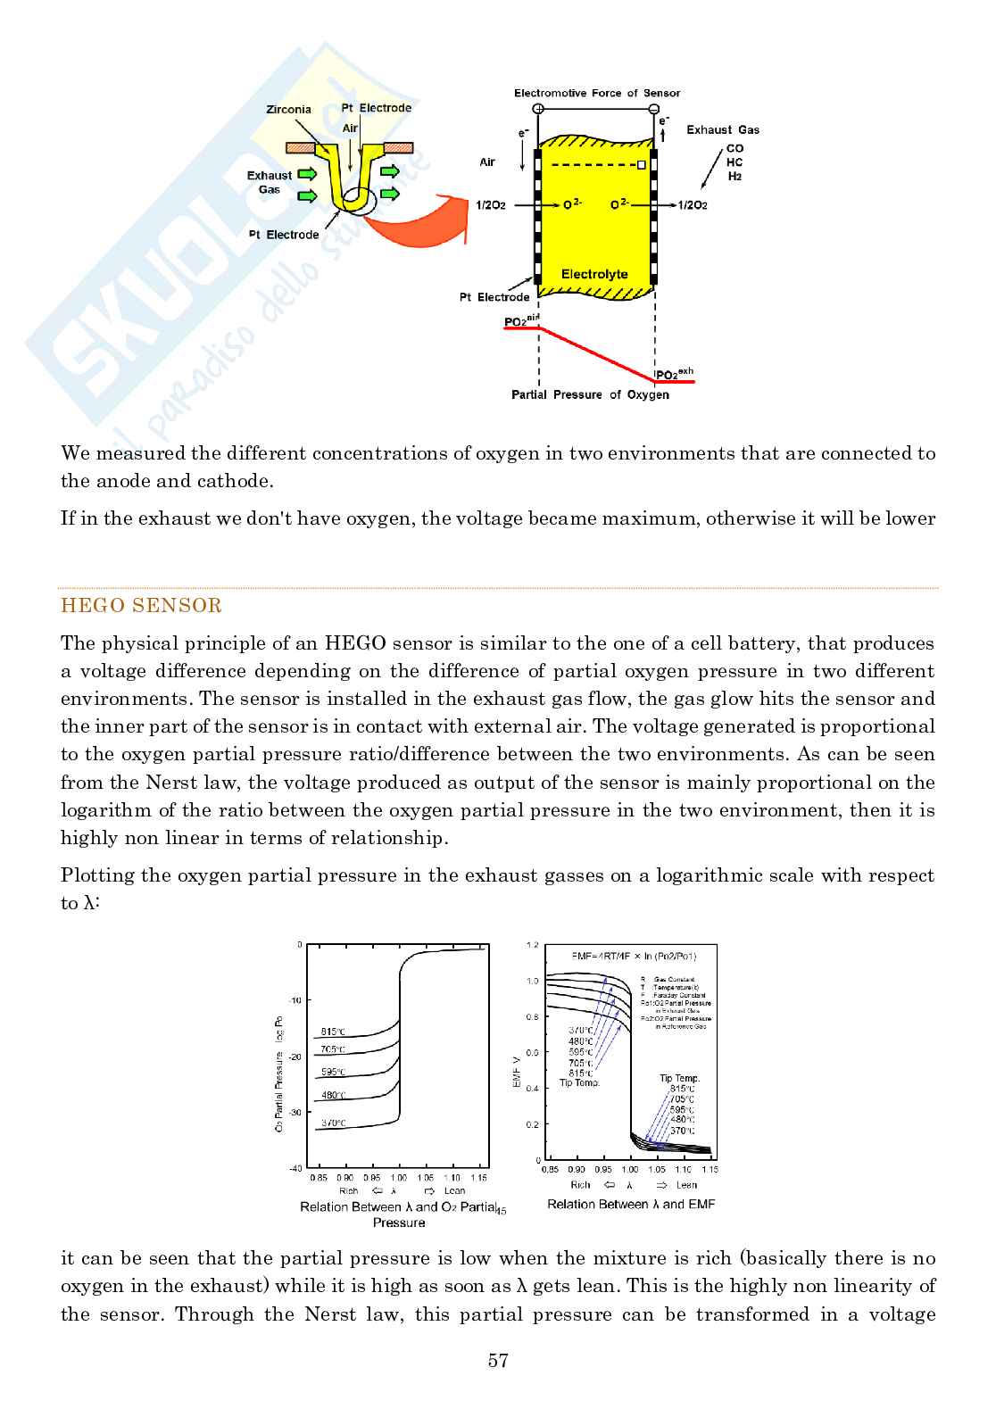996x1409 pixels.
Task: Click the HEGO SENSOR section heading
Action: (141, 606)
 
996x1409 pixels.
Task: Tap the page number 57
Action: (498, 1361)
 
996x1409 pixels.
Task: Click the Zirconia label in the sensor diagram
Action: (288, 110)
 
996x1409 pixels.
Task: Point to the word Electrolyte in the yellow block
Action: (594, 274)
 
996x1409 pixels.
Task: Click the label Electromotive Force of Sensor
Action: (596, 93)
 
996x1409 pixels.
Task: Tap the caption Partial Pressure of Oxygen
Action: (590, 394)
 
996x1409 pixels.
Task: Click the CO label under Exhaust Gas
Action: (735, 148)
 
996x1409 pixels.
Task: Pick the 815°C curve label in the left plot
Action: (332, 1031)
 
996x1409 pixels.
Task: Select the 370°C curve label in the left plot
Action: (332, 1123)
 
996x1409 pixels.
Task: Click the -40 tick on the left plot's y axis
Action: (295, 1167)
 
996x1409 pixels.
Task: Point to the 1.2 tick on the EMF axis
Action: (533, 944)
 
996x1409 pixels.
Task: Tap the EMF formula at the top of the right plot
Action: (634, 956)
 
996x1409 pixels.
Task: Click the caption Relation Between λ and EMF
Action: (631, 1204)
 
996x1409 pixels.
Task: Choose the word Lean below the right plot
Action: (686, 1185)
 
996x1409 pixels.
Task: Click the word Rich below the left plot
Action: (348, 1190)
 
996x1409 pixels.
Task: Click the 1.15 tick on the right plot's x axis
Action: (710, 1169)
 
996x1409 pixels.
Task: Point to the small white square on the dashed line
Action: (642, 165)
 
